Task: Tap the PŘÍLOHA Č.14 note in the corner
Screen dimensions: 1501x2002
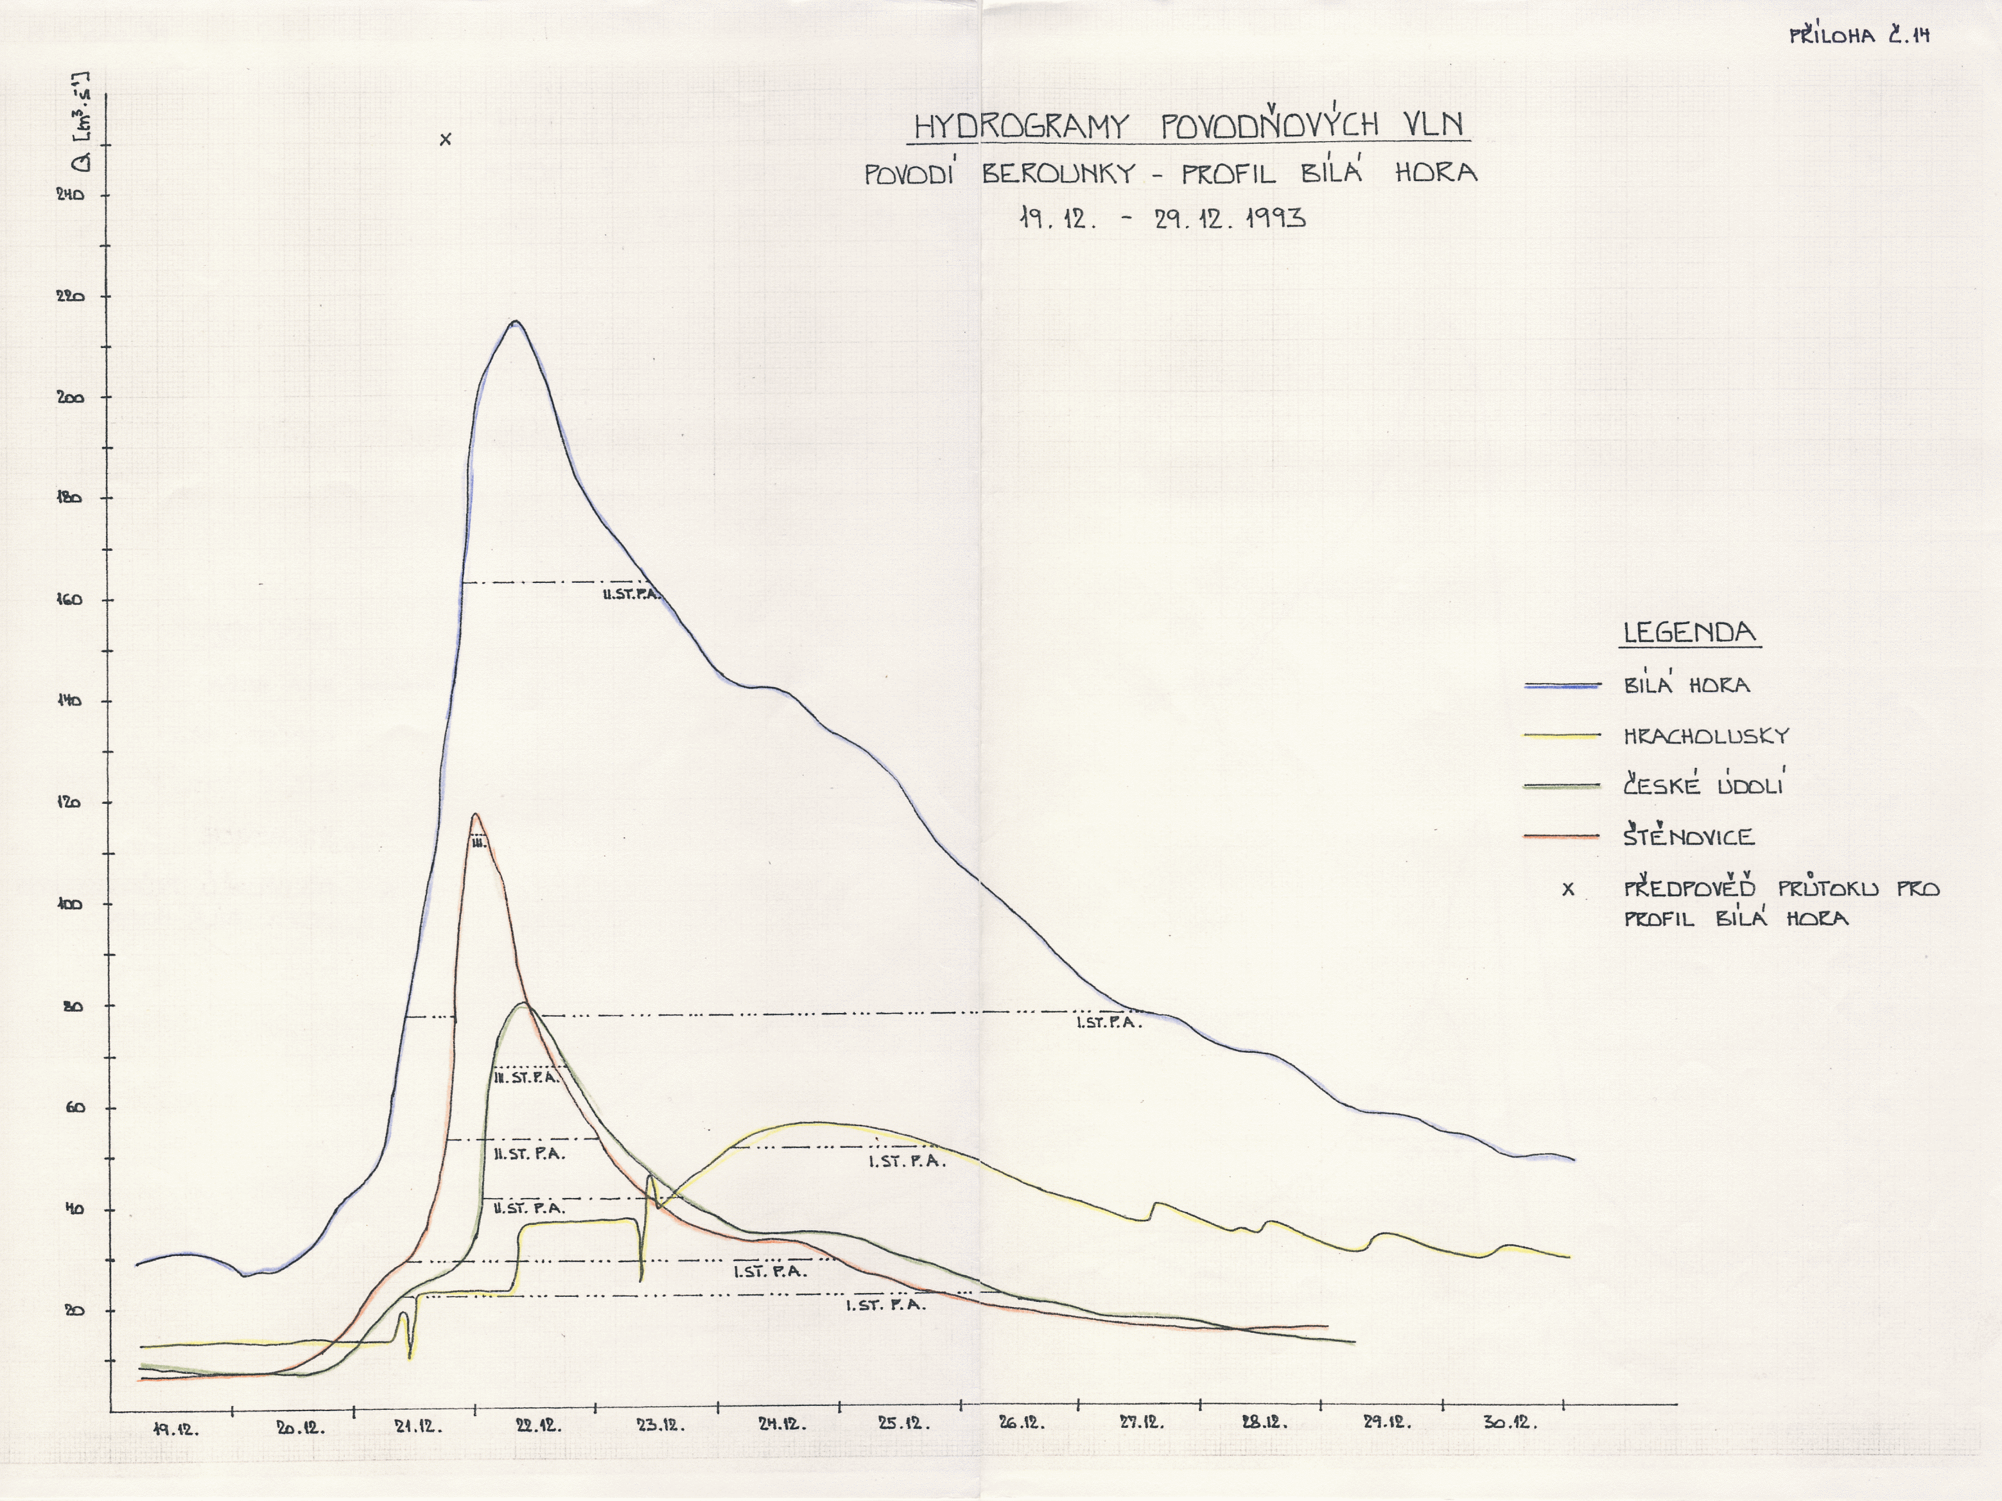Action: tap(1860, 36)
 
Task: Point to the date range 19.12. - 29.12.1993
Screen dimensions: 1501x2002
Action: tap(1162, 218)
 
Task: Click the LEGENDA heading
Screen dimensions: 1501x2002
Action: tap(1689, 632)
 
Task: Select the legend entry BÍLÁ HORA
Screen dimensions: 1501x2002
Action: tap(1686, 685)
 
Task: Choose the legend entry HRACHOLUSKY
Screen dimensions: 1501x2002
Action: tap(1706, 736)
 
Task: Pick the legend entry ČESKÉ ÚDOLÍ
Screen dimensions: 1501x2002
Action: tap(1702, 785)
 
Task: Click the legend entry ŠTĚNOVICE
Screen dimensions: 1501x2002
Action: tap(1688, 836)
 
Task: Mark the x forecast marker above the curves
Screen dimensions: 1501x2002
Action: tap(444, 139)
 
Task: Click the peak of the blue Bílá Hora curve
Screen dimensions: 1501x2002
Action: tap(515, 321)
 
